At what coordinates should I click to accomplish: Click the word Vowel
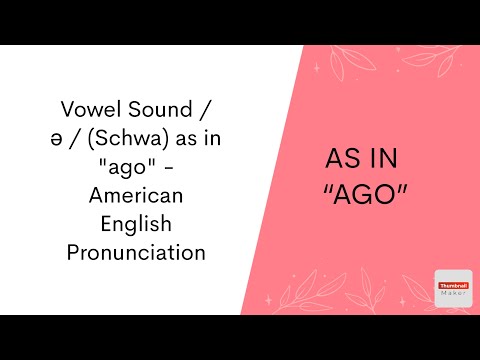click(x=92, y=108)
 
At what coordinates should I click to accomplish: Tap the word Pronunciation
click(x=136, y=252)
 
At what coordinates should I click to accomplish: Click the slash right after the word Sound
click(x=205, y=108)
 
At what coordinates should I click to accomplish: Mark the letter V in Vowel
click(x=67, y=108)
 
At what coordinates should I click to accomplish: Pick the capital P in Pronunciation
click(x=73, y=252)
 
